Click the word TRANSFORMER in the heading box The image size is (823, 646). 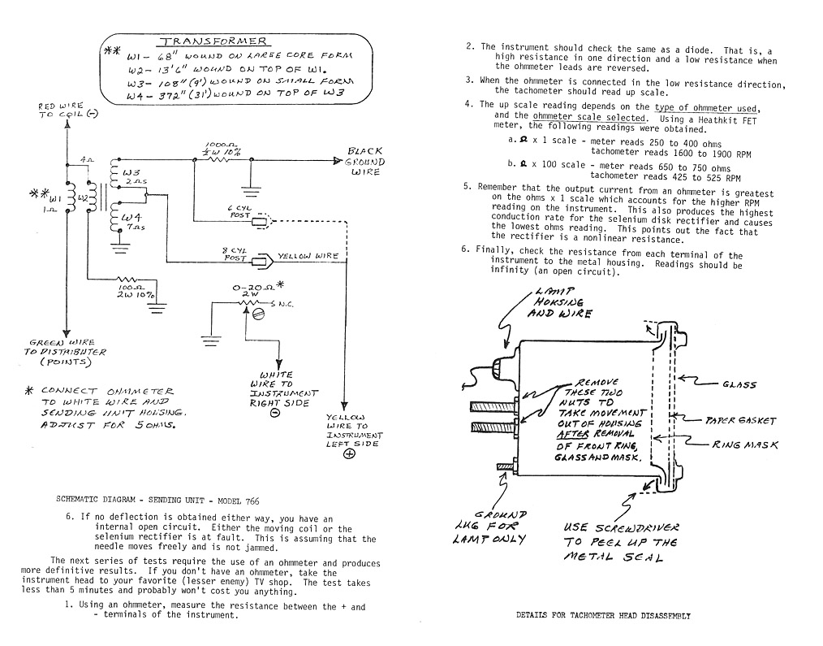coord(213,41)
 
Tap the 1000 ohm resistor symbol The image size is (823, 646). coord(221,158)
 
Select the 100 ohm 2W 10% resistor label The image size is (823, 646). coord(136,291)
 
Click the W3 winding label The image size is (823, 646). coord(131,172)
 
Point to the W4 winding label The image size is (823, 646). coord(131,217)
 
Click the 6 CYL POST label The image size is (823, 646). coord(239,211)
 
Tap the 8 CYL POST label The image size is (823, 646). coord(235,254)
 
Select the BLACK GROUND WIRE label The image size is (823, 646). coord(364,161)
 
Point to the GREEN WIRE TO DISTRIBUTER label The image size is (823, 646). coord(65,352)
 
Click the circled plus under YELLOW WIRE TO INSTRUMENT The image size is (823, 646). coord(349,453)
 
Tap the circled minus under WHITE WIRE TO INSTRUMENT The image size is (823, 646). coord(275,413)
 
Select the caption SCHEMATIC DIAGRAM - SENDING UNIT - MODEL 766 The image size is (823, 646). coord(157,501)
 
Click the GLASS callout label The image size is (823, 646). coord(739,384)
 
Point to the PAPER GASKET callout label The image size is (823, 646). coord(739,420)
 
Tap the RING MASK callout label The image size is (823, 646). coord(744,444)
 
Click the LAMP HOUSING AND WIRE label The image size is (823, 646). coord(559,302)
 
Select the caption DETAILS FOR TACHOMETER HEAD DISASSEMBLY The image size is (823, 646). coord(603,615)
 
